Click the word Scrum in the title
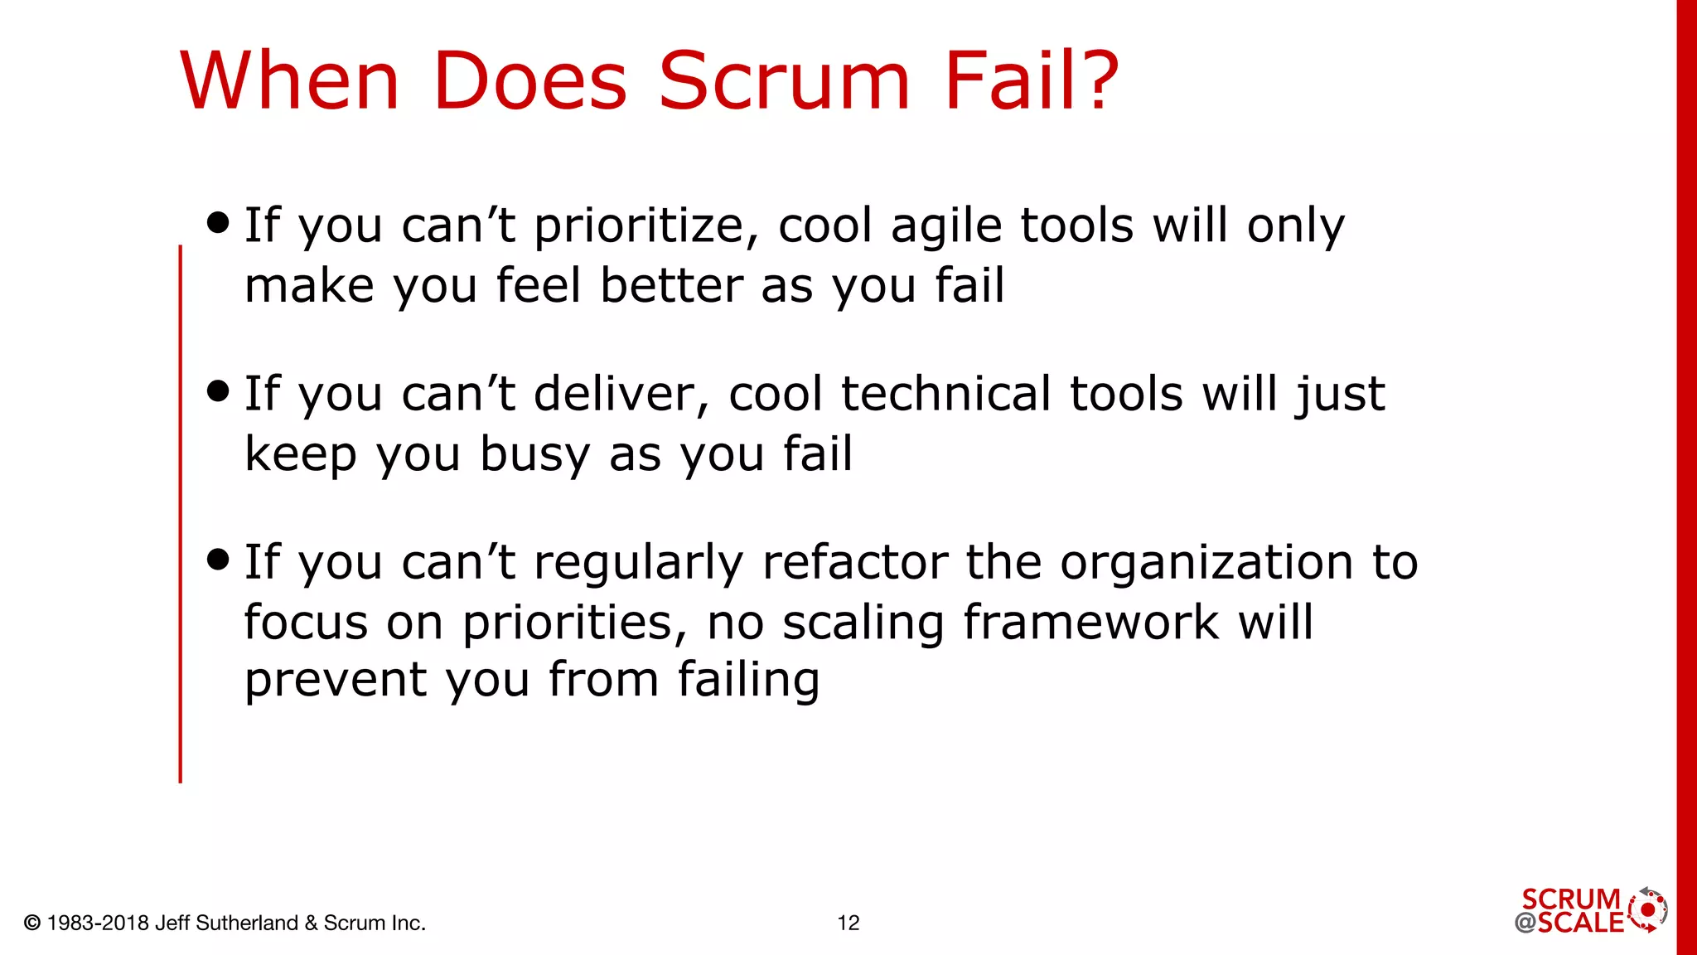coord(784,80)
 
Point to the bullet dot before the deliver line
coord(218,390)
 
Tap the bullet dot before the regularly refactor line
coord(218,559)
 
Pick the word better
coord(670,285)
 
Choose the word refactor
coord(854,562)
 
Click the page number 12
coord(848,923)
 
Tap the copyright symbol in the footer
coord(32,923)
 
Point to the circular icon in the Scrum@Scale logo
coord(1647,910)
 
